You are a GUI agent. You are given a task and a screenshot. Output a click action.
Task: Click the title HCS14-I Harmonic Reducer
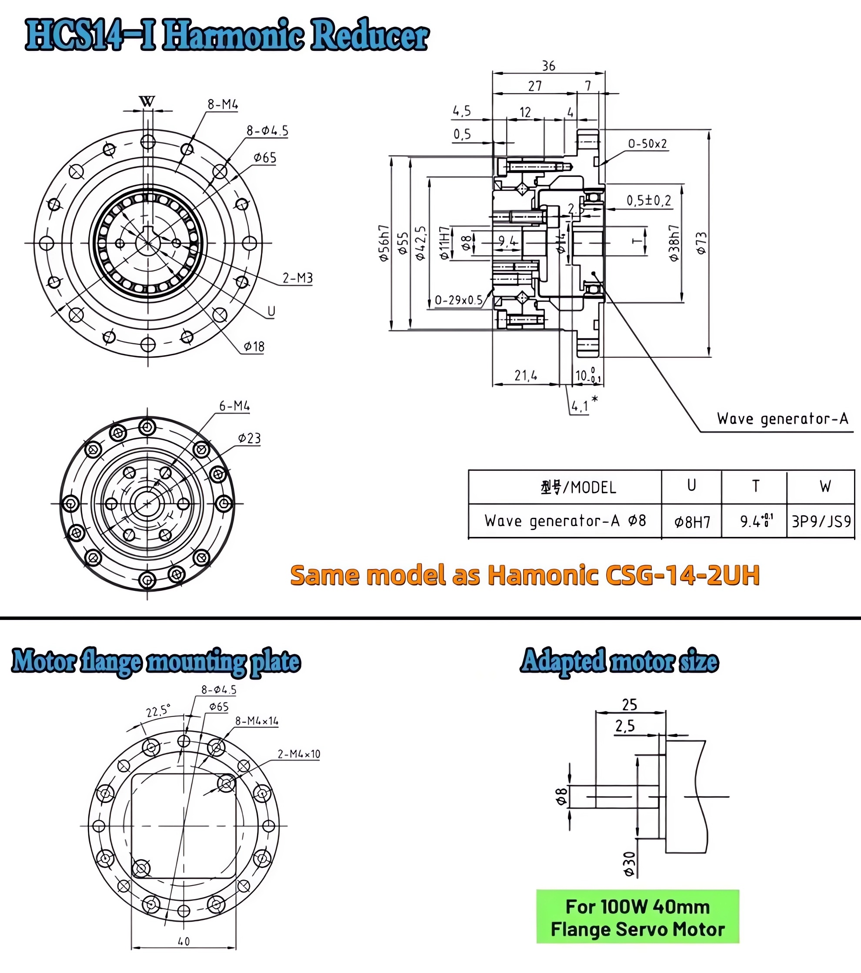[x=227, y=36]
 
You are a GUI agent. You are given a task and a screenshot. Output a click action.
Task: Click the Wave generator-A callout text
[x=782, y=419]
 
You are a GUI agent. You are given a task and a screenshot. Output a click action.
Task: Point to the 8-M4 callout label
[x=222, y=104]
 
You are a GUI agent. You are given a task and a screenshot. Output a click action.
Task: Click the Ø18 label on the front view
[x=254, y=347]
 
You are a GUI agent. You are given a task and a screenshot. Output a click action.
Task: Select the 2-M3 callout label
[x=297, y=278]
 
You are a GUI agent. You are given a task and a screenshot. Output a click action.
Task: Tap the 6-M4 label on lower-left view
[x=234, y=406]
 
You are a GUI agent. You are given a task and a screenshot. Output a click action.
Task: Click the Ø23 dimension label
[x=250, y=438]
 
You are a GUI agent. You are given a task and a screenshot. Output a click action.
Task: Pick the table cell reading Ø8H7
[x=692, y=522]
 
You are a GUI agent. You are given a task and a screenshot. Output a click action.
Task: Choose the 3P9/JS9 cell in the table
[x=821, y=522]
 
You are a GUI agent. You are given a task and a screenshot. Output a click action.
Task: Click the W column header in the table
[x=825, y=486]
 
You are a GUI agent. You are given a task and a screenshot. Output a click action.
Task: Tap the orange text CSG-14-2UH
[x=682, y=575]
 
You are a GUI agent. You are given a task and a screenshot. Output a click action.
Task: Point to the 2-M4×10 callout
[x=299, y=754]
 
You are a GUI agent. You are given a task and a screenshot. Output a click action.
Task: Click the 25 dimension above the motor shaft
[x=629, y=704]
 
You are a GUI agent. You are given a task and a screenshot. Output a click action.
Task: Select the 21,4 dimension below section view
[x=526, y=376]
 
